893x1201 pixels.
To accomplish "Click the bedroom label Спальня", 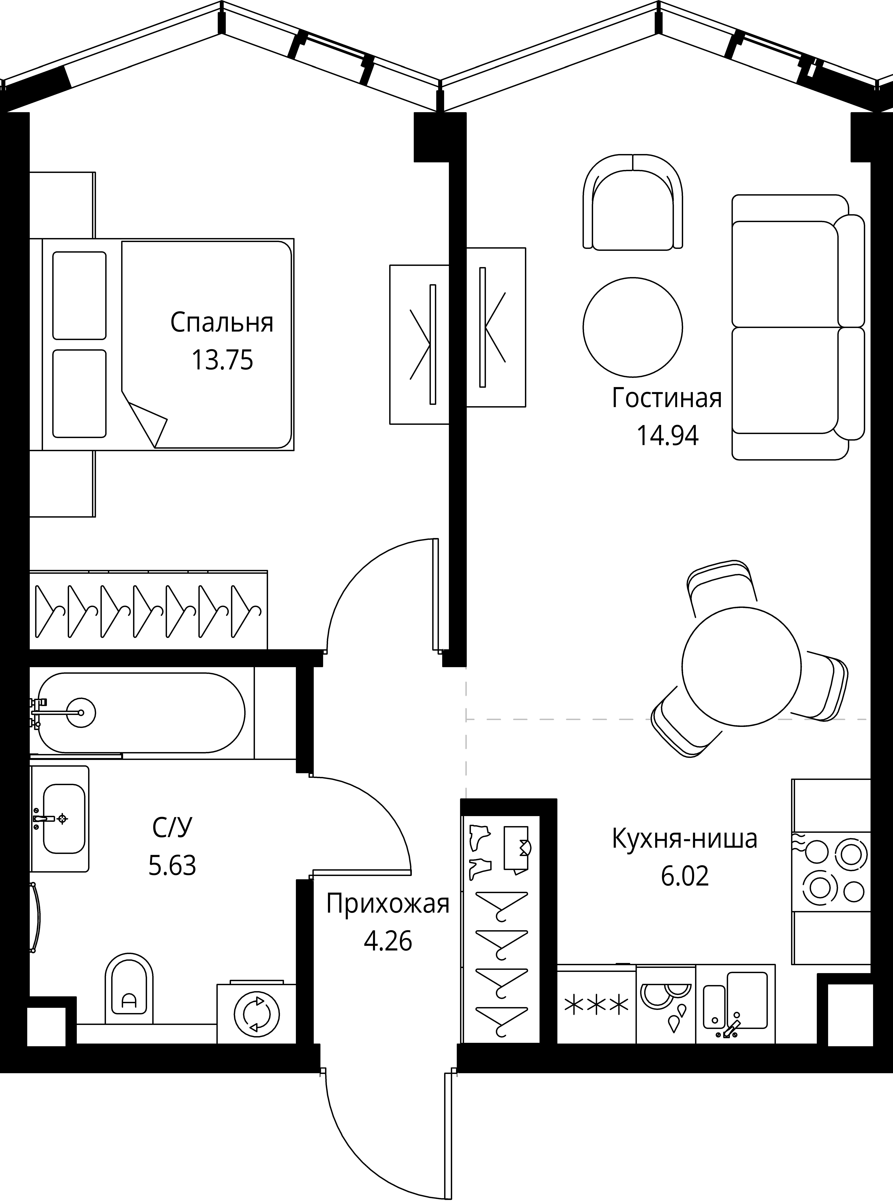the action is pos(222,323).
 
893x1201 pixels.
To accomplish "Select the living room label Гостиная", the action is pos(667,398).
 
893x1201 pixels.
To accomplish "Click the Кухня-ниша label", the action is pos(685,839).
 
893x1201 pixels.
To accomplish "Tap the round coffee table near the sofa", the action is pos(632,327).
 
